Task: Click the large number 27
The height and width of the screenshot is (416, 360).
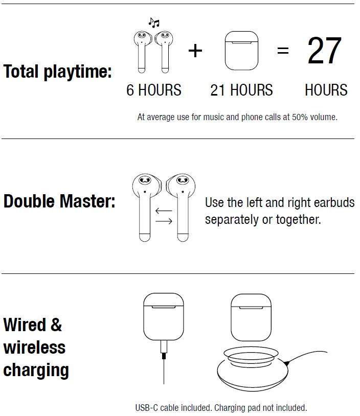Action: pos(324,51)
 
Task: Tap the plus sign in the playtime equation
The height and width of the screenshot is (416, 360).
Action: pos(195,51)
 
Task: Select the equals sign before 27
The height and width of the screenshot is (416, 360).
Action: pos(283,51)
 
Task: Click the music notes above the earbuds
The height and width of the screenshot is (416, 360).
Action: pos(153,22)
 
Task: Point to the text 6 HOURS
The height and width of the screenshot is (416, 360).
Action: pos(153,90)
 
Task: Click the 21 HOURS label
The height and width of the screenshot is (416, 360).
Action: pos(241,90)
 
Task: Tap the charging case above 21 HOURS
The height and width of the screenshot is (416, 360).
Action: pos(241,51)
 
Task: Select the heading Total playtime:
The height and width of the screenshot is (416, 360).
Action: pos(57,72)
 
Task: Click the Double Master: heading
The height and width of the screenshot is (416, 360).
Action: pos(59,201)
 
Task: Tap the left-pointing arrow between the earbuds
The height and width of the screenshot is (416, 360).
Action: pos(164,210)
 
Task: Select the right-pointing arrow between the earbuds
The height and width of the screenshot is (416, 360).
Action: pos(164,221)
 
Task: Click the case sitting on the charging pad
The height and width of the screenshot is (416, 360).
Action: pos(251,317)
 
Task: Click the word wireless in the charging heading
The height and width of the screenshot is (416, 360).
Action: pos(34,348)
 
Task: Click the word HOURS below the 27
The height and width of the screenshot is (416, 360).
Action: pos(326,90)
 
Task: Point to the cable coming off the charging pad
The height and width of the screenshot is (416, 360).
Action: pos(312,355)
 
